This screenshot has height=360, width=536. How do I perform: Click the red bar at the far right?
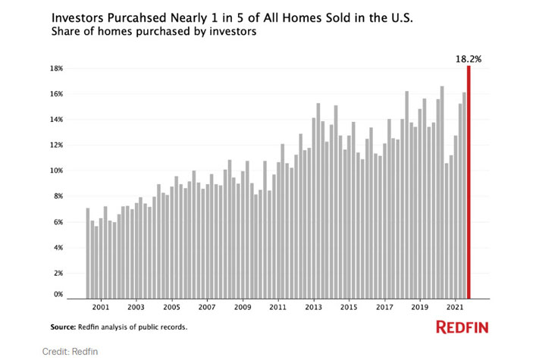(469, 182)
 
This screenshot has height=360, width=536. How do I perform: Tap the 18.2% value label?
(469, 56)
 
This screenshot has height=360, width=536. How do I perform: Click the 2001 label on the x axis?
(100, 309)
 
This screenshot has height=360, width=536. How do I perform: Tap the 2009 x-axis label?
(242, 309)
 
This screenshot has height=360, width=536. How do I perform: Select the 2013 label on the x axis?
(313, 309)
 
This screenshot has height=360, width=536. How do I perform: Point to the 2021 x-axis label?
(455, 309)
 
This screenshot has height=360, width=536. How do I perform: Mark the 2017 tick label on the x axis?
(384, 309)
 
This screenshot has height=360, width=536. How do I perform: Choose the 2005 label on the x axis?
(171, 309)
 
